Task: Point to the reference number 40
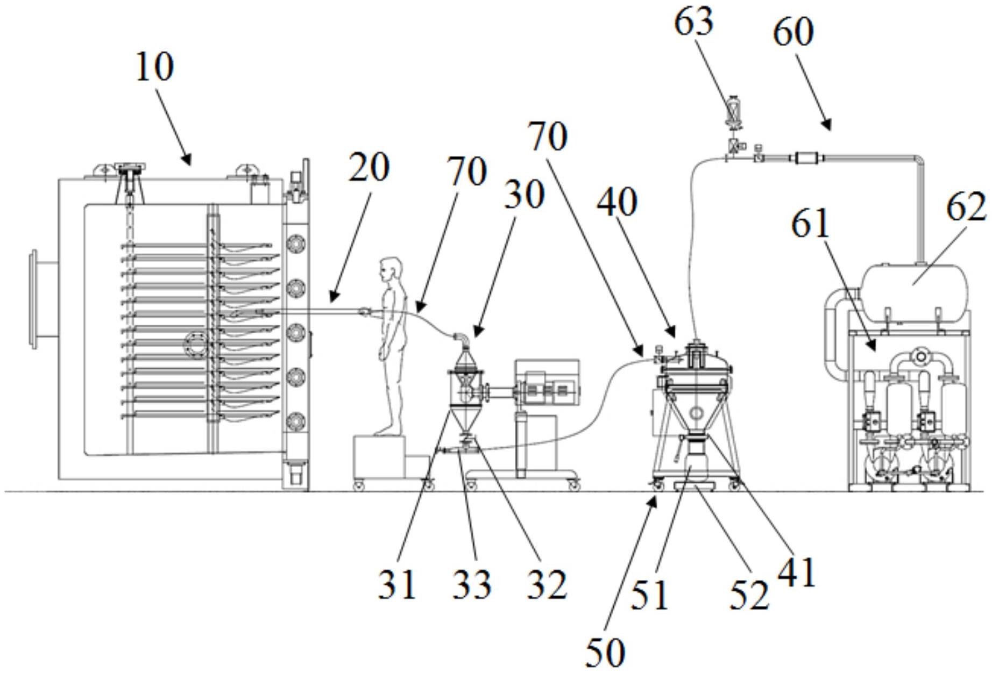tap(617, 203)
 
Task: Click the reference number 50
tap(605, 653)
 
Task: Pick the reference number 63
tap(694, 23)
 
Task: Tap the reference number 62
tap(966, 208)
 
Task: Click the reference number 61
tap(810, 225)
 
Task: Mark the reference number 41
tap(796, 572)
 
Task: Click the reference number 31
tap(397, 585)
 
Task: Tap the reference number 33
tap(471, 585)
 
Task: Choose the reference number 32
tap(547, 585)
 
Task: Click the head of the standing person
tap(390, 268)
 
